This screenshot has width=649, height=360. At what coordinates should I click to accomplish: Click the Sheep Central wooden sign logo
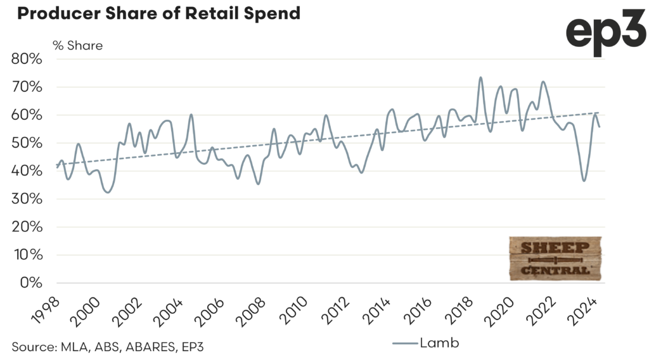pos(555,259)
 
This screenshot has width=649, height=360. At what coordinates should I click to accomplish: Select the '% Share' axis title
pos(77,46)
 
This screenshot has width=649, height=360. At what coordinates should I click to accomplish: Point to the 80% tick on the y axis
pos(27,60)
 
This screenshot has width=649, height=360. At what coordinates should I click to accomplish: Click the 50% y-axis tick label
pos(27,143)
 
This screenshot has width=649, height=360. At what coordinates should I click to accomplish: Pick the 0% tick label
pos(30,283)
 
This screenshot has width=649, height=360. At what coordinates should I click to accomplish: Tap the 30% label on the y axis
pos(27,200)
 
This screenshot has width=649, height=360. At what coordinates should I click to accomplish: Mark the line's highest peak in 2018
pos(480,77)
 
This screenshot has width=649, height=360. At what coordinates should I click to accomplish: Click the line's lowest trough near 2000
pos(108,192)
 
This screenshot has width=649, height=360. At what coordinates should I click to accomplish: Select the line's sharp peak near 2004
pos(191,115)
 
